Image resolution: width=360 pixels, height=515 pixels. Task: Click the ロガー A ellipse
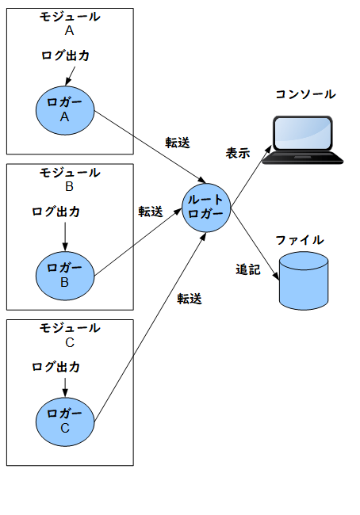point(65,111)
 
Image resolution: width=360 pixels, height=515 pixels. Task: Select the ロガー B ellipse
point(65,276)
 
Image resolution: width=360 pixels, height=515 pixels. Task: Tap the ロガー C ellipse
point(65,422)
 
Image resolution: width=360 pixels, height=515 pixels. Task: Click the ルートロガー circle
point(206,208)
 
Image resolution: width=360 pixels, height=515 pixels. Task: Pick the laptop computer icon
point(302,140)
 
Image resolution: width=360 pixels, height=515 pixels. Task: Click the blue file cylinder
point(304,280)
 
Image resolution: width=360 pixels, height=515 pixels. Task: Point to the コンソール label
point(305,94)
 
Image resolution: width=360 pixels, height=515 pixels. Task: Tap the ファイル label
point(300,240)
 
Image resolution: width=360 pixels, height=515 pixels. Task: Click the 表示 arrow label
point(238,153)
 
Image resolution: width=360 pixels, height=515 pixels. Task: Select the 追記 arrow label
point(248,269)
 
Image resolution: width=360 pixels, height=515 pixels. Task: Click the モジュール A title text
point(70,23)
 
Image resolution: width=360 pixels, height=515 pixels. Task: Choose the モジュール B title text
point(70,179)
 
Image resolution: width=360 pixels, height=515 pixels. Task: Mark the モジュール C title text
point(70,335)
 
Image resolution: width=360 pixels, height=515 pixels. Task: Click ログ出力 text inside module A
point(66,55)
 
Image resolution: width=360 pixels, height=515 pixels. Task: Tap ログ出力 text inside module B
point(56,212)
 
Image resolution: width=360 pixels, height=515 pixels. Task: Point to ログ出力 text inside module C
point(56,367)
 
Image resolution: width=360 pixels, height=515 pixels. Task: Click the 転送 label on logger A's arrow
point(178,143)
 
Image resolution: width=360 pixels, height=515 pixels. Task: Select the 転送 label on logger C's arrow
point(190,299)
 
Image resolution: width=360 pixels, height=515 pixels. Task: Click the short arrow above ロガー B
point(65,237)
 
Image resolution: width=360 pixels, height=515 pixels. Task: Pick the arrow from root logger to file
point(255,244)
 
